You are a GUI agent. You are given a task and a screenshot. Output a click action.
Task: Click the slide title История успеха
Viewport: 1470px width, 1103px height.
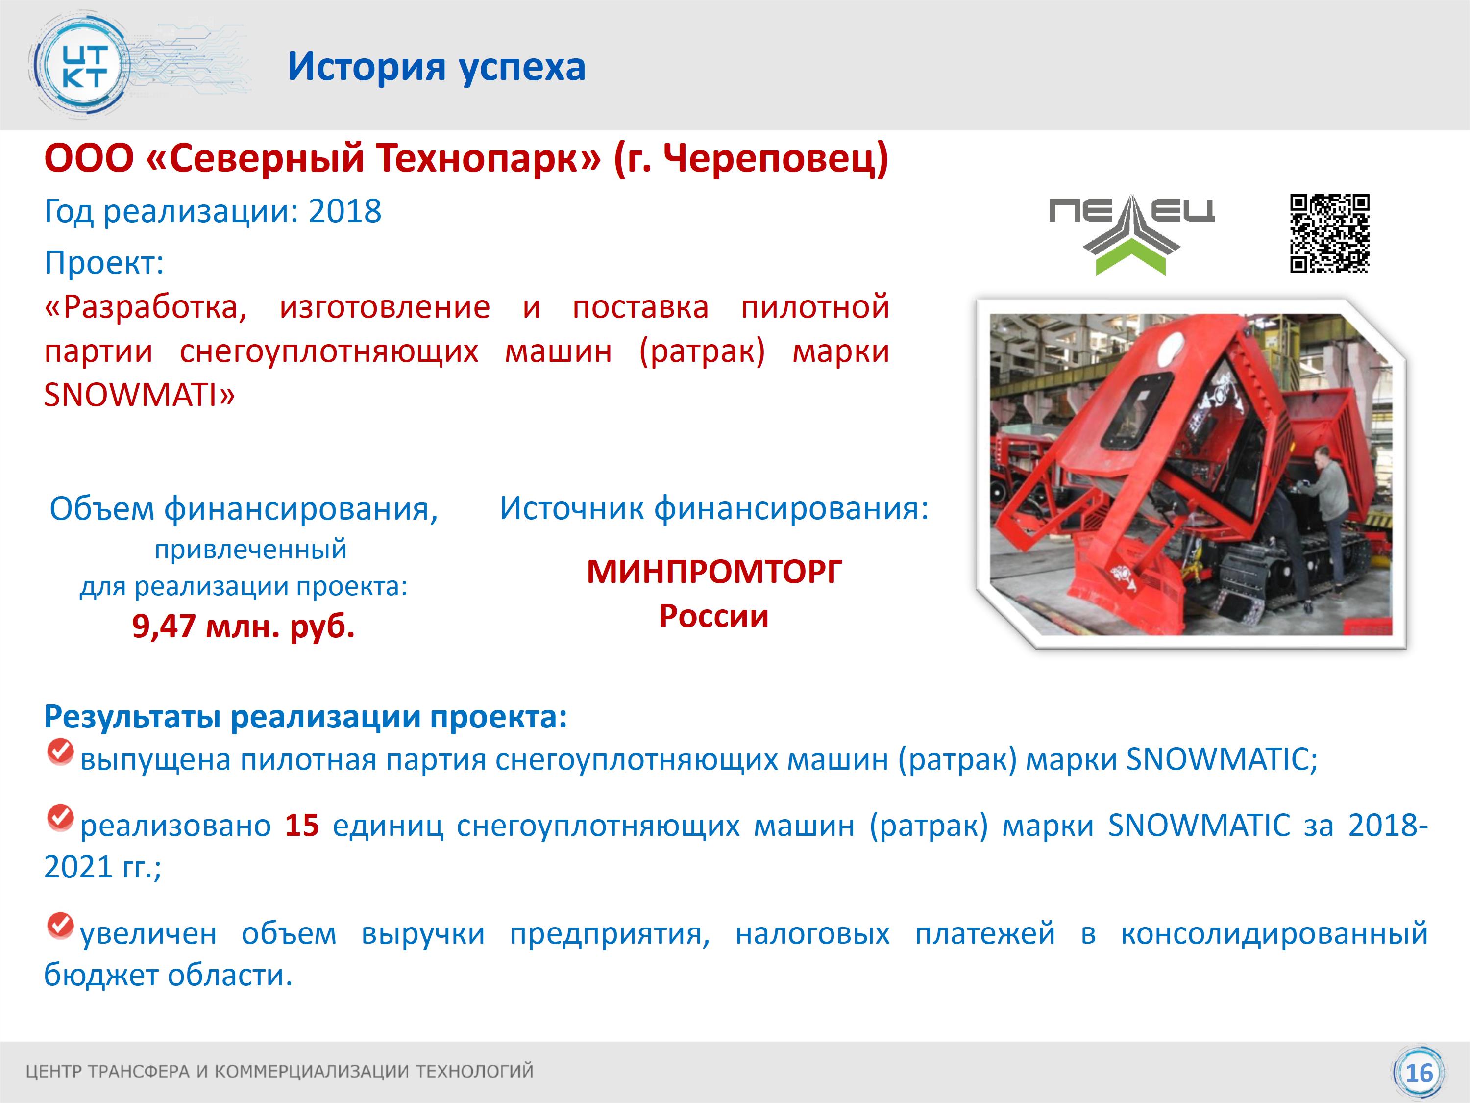437,67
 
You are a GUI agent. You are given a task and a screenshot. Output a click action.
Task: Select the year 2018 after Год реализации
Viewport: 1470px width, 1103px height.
345,211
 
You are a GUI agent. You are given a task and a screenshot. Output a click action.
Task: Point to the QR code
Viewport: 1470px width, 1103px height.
1330,233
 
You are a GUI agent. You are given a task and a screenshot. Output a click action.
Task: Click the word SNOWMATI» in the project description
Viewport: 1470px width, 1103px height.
140,396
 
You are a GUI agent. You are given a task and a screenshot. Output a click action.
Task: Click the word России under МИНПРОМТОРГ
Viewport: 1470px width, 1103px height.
714,616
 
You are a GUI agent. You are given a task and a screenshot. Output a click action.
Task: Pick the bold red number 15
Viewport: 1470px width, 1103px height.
302,826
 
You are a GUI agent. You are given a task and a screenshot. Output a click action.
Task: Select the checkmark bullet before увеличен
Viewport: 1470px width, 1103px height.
60,925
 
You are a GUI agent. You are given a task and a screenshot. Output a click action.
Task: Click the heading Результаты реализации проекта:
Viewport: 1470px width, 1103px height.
306,717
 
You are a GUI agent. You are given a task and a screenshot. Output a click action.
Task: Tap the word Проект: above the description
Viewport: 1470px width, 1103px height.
104,263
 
